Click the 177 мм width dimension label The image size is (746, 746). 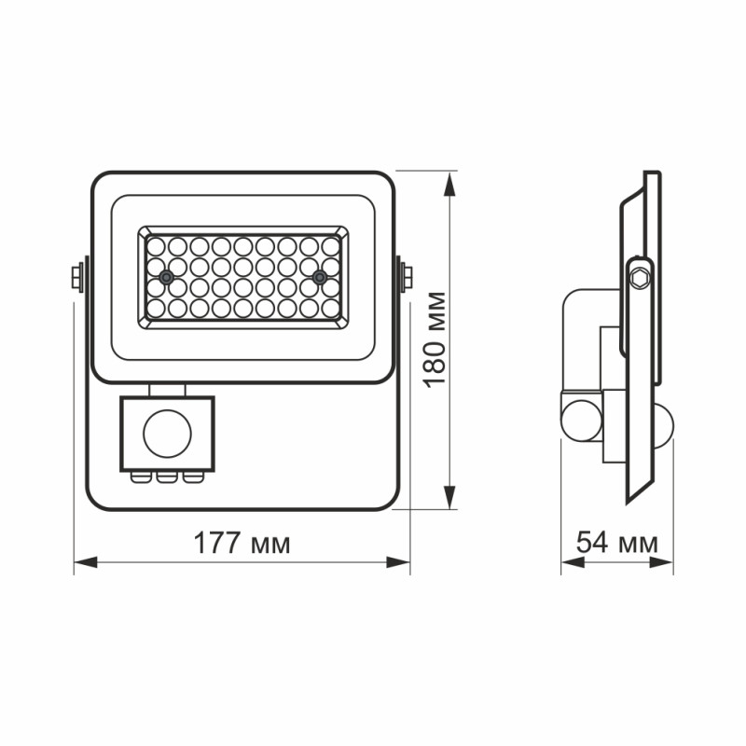(x=242, y=543)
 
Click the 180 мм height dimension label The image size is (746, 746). (x=434, y=340)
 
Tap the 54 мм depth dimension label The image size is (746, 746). (x=616, y=543)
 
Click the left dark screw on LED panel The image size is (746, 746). (x=166, y=277)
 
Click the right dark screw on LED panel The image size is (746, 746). (x=319, y=277)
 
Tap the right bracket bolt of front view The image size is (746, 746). (x=407, y=277)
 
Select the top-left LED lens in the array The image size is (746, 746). (x=156, y=246)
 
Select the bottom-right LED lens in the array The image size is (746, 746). (x=330, y=307)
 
